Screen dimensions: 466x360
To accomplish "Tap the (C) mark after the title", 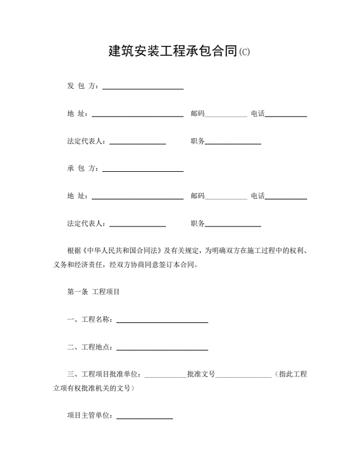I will pos(245,52).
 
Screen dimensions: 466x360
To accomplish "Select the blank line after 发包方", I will pos(143,88).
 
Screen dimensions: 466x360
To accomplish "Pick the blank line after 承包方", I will pos(143,171).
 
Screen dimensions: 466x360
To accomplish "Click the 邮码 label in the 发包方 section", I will pos(197,114).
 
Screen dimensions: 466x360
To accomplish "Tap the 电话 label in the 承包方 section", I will pos(258,196).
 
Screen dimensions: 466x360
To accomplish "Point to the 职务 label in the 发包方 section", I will pos(198,141).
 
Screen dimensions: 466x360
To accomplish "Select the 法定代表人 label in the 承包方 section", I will pos(86,224).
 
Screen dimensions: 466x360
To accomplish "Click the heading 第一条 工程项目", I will pos(94,292).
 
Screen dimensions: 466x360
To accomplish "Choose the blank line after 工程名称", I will pos(162,321).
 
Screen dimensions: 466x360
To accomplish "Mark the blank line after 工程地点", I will pos(162,349).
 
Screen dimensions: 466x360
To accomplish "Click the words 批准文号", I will pos(201,375).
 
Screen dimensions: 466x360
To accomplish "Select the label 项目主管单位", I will pos(90,416).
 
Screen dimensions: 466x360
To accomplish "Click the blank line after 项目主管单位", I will pos(145,418).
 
